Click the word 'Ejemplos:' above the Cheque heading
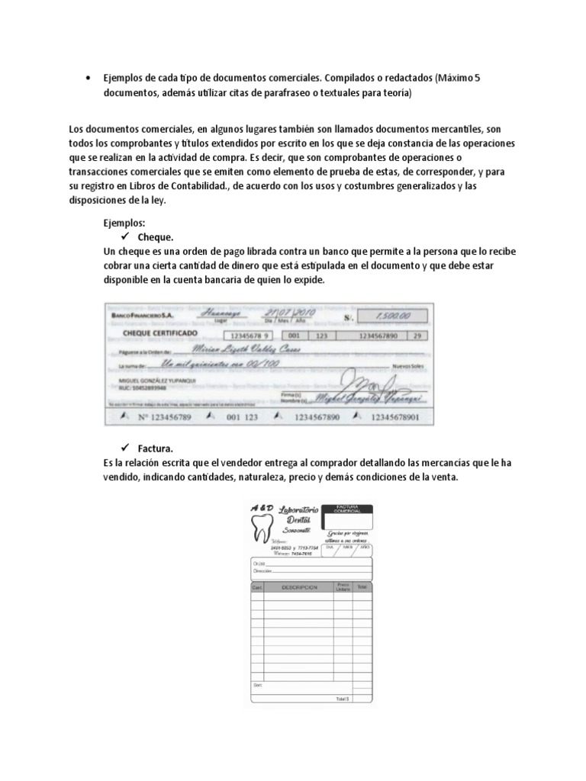tap(124, 224)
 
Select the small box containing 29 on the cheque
tap(416, 334)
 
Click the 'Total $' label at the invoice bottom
tap(341, 699)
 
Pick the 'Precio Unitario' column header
tap(341, 587)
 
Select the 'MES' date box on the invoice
tap(347, 547)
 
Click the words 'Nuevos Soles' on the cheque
tap(407, 367)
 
